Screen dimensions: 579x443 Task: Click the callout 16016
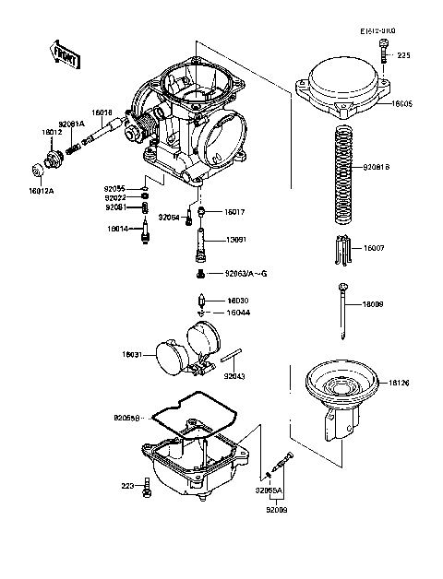click(x=102, y=112)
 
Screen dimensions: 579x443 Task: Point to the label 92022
click(x=115, y=197)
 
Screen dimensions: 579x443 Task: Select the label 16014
click(x=116, y=227)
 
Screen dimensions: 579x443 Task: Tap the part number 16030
click(x=238, y=300)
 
